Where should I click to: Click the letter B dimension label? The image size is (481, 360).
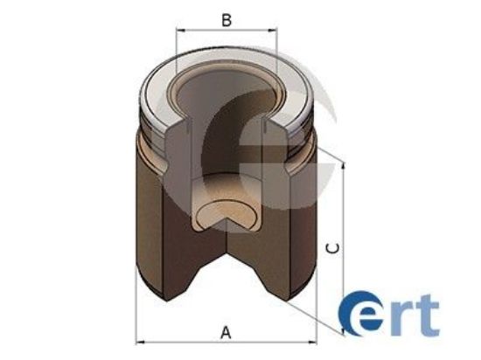tap(227, 19)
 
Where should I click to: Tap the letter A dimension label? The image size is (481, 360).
tap(227, 331)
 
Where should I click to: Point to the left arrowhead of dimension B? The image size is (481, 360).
tap(180, 31)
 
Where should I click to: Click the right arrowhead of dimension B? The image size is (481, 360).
tap(273, 31)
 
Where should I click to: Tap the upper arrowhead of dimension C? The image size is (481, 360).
tap(344, 166)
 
